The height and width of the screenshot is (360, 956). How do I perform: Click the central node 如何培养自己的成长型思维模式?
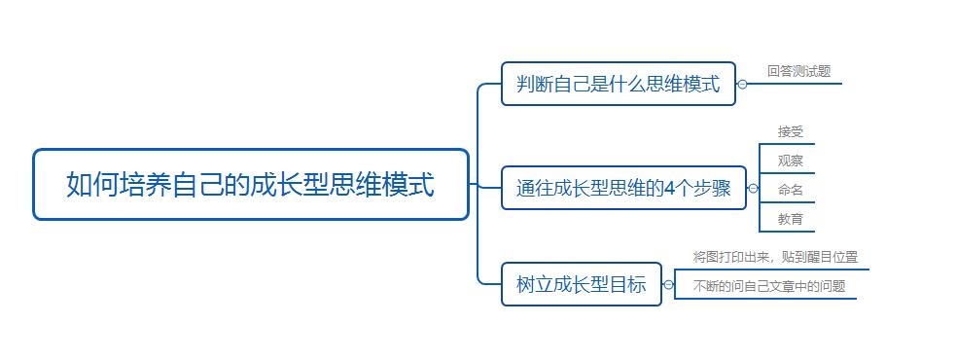(x=251, y=184)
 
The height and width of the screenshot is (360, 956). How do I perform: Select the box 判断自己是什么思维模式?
(x=618, y=85)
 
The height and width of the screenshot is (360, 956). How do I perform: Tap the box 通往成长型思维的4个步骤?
(x=622, y=189)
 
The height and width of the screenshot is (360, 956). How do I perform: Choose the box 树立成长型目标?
(x=581, y=285)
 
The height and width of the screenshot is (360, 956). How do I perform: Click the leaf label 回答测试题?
(x=798, y=71)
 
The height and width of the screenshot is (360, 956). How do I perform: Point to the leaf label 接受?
(x=790, y=132)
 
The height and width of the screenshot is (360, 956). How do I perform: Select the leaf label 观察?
(x=790, y=161)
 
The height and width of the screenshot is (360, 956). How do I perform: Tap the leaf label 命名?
(x=790, y=190)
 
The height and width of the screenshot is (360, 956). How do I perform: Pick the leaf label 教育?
(x=790, y=219)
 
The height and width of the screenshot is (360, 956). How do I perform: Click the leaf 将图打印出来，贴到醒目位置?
(x=775, y=257)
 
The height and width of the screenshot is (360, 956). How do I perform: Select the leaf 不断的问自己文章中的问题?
(x=768, y=286)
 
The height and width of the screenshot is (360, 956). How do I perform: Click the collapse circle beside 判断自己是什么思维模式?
(x=742, y=85)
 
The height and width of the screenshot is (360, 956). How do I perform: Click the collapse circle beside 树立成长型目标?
(x=668, y=285)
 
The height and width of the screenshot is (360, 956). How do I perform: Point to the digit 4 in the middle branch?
(x=670, y=189)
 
